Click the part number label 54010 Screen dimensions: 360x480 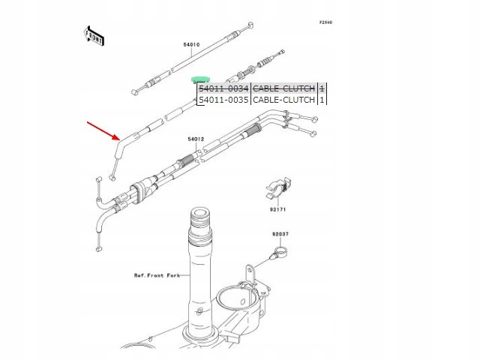click(191, 44)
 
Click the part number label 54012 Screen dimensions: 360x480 click(196, 139)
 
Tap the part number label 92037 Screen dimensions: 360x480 click(280, 235)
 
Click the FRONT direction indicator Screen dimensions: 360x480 click(92, 37)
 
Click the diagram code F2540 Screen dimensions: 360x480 click(325, 22)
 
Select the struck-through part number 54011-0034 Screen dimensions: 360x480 click(223, 88)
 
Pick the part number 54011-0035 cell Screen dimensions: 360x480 click(223, 99)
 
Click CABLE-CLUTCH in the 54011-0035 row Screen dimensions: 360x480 click(283, 99)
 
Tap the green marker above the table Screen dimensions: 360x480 click(200, 79)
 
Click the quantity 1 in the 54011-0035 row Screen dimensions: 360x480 click(322, 99)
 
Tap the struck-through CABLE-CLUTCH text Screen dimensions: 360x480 click(283, 88)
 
